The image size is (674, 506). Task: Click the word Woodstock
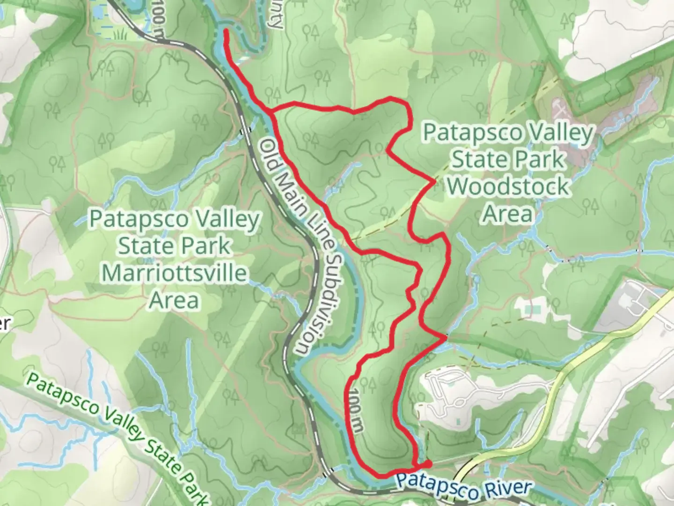click(508, 187)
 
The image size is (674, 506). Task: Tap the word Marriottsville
click(174, 273)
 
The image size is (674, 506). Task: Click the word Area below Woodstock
click(508, 214)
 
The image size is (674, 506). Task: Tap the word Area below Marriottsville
click(174, 300)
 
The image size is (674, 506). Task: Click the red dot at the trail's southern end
click(428, 464)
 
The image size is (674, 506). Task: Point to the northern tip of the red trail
click(226, 31)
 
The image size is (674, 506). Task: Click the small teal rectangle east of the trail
click(529, 309)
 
